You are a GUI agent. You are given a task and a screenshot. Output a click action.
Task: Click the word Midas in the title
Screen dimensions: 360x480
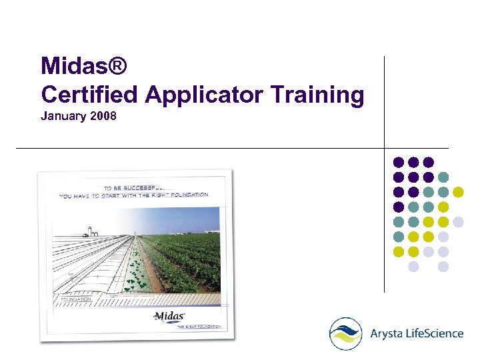73,66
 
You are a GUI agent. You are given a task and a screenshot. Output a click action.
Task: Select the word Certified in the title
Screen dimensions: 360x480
89,95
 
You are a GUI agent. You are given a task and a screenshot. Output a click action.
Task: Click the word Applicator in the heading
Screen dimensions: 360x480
204,95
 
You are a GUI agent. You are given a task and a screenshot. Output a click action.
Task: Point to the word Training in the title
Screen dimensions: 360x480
317,95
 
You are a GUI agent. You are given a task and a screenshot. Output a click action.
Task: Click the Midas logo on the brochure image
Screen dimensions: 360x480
169,315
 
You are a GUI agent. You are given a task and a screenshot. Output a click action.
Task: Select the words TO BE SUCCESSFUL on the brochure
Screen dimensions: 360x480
137,187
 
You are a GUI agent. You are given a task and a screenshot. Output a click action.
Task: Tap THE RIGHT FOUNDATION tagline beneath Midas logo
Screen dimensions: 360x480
198,327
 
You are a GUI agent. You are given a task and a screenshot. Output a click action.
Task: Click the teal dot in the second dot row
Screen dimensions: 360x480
443,177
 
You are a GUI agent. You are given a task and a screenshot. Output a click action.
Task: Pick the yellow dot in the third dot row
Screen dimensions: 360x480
458,192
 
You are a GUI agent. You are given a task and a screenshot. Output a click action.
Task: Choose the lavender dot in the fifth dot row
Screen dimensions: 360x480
458,222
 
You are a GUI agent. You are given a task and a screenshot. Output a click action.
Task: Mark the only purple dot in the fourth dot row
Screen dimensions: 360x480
399,207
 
